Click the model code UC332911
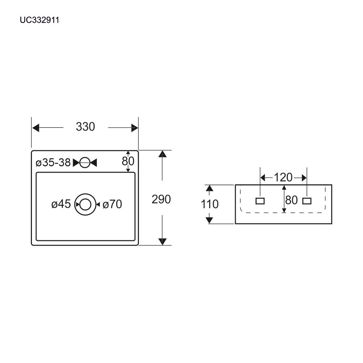tap(39, 21)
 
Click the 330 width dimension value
tap(85, 127)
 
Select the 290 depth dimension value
tap(161, 200)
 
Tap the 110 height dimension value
tap(210, 204)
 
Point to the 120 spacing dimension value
tap(283, 177)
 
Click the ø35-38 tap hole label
tap(53, 163)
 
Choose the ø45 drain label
tap(61, 205)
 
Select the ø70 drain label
tap(112, 205)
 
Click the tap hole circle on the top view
tap(85, 162)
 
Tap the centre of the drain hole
tap(85, 204)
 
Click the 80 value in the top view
tap(128, 161)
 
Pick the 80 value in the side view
tap(291, 200)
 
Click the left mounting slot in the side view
tap(260, 201)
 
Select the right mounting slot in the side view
tap(307, 201)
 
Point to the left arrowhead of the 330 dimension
tap(35, 128)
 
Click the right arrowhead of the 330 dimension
tap(135, 128)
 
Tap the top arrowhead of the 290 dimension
tap(162, 154)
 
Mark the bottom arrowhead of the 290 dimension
tap(162, 242)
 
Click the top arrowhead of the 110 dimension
tap(210, 188)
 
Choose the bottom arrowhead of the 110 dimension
tap(210, 220)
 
